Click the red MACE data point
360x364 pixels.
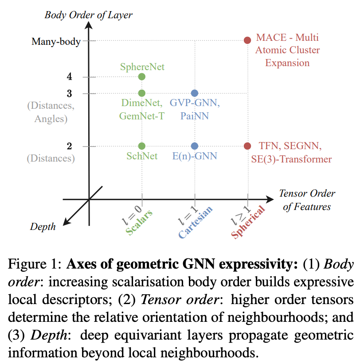point(247,40)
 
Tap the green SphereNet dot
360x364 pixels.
point(141,77)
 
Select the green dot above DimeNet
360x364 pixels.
point(141,93)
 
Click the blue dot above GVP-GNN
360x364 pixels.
point(195,93)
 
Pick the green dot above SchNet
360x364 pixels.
point(141,146)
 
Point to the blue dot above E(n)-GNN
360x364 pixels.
point(195,146)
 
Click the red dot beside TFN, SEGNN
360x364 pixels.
point(247,146)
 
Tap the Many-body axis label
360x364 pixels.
point(56,42)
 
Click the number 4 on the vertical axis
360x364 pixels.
point(69,76)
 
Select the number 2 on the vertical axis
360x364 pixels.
point(69,146)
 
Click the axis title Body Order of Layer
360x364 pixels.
point(88,15)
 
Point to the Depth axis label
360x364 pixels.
point(43,227)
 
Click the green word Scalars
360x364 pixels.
point(139,222)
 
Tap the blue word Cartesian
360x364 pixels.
point(196,222)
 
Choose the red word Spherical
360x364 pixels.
point(248,222)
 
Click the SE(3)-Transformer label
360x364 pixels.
point(291,159)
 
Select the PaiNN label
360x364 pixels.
point(195,116)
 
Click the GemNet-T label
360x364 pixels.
point(141,116)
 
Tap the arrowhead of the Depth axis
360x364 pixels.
point(67,222)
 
